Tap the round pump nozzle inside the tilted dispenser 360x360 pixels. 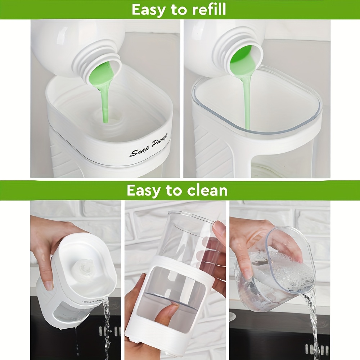(84, 267)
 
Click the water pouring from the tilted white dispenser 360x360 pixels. (107, 326)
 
